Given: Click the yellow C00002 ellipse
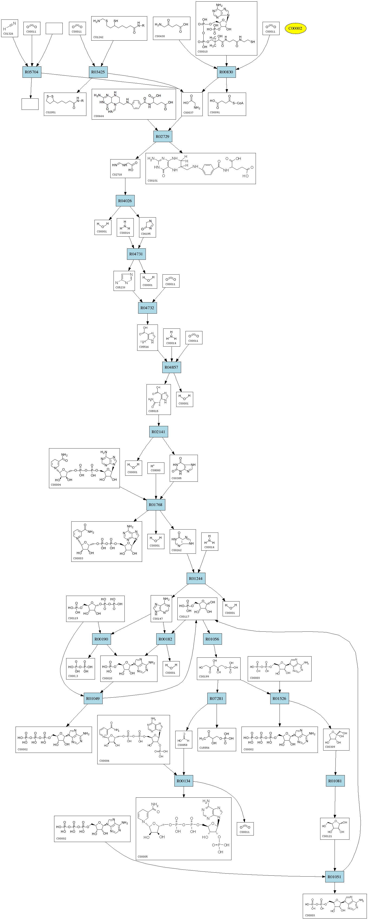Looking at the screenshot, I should [x=295, y=28].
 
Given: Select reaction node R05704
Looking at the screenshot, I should [x=31, y=72].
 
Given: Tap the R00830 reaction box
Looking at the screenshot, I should [x=226, y=72].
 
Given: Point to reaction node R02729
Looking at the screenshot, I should [x=162, y=137].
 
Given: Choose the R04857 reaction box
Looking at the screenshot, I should [x=171, y=367].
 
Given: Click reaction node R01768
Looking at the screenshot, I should [x=155, y=505].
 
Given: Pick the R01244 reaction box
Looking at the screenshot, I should [x=195, y=579].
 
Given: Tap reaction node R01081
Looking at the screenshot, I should [x=335, y=781].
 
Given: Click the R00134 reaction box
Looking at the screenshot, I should [x=184, y=781].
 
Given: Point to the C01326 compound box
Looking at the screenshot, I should [x=9, y=28].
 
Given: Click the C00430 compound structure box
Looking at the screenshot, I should [x=172, y=28].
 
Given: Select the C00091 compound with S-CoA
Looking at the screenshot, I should [x=227, y=104].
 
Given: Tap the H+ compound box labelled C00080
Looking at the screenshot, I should [x=156, y=468].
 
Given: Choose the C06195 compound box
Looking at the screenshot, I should [x=147, y=227].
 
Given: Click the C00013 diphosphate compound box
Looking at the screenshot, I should [x=80, y=669].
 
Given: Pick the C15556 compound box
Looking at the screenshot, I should [x=217, y=739].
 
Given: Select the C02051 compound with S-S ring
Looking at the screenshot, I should [x=65, y=104].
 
